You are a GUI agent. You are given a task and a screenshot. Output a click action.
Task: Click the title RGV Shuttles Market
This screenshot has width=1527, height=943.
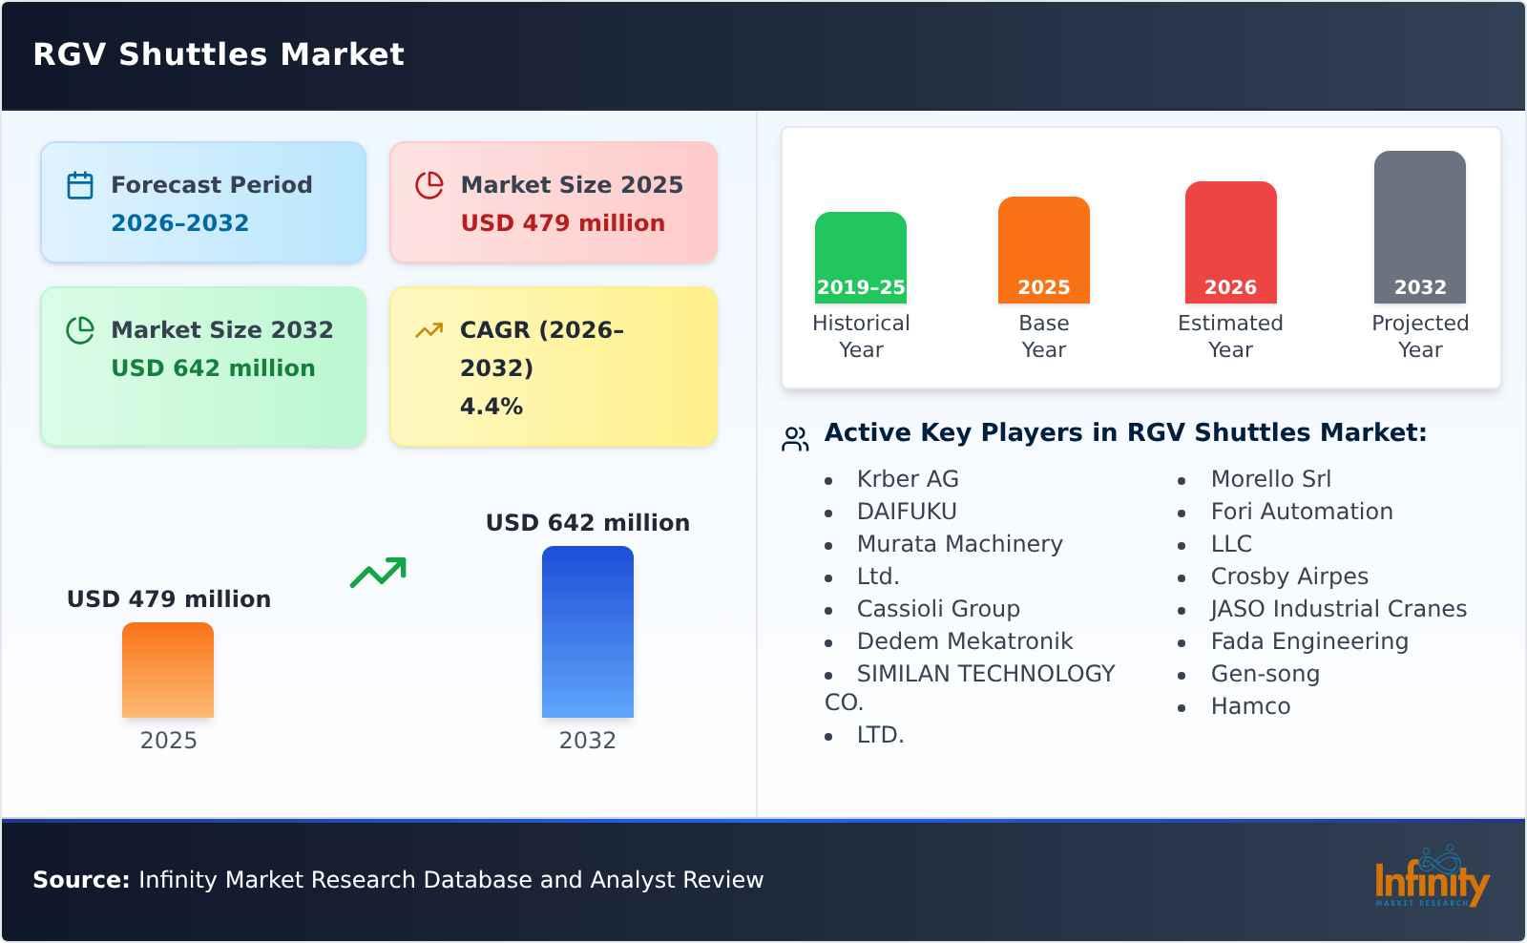219,54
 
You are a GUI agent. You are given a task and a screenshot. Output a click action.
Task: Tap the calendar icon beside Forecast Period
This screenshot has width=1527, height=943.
80,185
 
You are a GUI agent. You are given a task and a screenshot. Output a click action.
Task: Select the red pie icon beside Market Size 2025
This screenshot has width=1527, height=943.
429,185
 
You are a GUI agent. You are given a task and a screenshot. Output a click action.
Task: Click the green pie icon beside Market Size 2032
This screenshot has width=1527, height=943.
80,330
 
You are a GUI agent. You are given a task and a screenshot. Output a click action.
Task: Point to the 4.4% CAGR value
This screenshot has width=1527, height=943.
492,407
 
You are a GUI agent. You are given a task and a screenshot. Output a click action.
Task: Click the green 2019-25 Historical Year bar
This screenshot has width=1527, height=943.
860,258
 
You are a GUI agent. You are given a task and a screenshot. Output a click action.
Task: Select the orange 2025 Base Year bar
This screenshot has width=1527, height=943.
1044,250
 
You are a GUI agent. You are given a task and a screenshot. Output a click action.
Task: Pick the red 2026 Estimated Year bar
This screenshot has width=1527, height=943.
1230,242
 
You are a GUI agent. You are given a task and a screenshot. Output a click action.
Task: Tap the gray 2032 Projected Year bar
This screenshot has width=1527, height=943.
1420,227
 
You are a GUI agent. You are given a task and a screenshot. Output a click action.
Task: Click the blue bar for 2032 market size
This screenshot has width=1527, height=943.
588,632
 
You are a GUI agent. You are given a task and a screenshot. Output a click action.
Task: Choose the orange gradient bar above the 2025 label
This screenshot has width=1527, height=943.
168,670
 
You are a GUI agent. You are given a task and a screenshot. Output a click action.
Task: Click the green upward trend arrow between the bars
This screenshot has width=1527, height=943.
378,573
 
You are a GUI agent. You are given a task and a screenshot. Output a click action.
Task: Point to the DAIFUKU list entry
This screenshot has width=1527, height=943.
907,512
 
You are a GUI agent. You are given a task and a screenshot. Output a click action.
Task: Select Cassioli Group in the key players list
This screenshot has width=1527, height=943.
938,609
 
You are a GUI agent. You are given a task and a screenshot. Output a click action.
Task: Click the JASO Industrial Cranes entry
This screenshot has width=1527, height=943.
1338,609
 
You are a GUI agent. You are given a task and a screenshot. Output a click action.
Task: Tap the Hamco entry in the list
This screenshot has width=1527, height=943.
1250,706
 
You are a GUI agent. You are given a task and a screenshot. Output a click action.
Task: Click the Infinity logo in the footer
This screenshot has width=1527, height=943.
1433,877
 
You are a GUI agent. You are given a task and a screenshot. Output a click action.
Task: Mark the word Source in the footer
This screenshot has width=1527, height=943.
81,880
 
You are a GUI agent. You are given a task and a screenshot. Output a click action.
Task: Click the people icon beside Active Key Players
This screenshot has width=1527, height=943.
795,439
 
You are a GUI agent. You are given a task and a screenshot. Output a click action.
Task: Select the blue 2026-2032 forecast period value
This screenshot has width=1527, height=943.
180,223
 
